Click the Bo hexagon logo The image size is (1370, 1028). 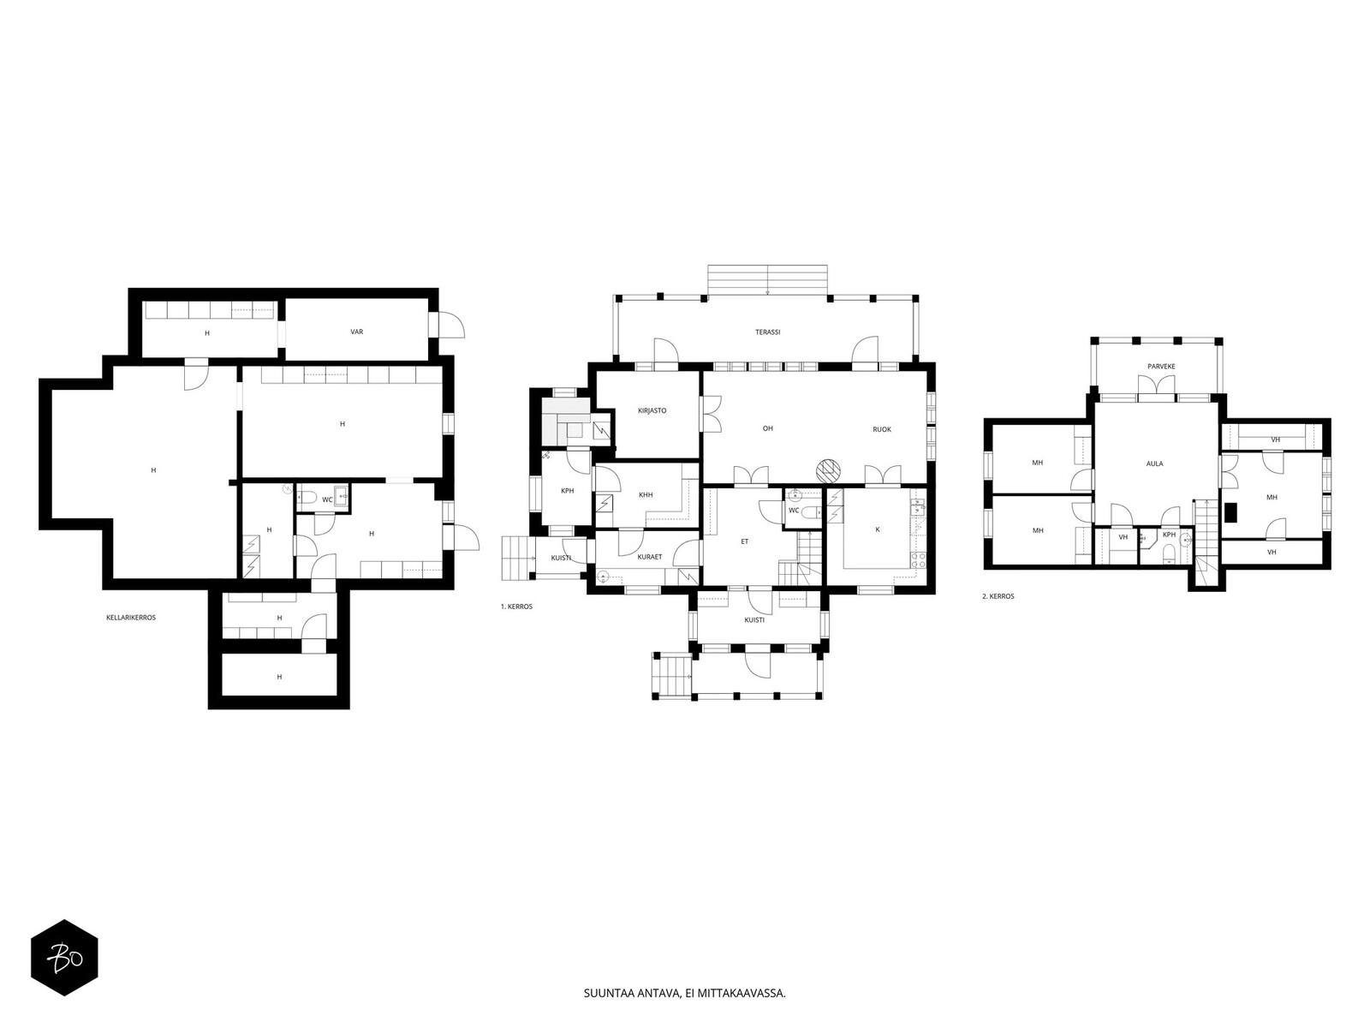65,957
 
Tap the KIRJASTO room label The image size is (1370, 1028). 652,410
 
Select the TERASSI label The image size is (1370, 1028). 767,332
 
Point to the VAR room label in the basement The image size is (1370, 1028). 356,332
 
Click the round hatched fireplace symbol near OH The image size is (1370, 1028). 828,470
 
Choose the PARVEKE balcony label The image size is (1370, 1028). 1161,367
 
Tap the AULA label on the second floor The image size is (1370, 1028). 1154,463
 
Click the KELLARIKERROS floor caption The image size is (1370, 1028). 131,618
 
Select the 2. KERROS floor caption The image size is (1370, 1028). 998,596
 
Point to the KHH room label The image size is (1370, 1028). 646,495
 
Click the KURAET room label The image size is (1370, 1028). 649,557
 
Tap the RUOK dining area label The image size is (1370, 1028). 881,429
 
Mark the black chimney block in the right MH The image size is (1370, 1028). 1230,512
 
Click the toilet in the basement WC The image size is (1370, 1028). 307,498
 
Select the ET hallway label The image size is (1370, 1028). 744,541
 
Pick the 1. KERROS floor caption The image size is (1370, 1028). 516,606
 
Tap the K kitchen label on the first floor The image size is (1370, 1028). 877,529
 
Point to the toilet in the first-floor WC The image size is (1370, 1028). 811,513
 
